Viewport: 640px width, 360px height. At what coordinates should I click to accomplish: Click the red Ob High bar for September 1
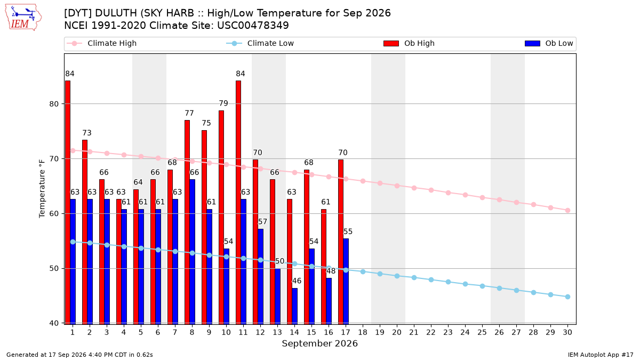coord(68,202)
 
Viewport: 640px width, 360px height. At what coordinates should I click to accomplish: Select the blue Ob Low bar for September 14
coord(294,306)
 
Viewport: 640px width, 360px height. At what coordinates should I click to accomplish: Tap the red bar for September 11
coord(238,202)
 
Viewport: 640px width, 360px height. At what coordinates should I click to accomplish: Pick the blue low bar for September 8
coord(193,251)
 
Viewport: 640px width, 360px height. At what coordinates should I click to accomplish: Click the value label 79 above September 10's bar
coord(223,103)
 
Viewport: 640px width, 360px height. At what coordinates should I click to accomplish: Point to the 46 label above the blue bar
coord(297,281)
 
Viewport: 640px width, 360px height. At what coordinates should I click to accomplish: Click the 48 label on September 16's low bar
coord(331,270)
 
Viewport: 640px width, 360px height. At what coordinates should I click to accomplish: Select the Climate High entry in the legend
coord(102,43)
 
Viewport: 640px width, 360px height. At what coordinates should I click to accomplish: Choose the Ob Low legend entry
coord(549,43)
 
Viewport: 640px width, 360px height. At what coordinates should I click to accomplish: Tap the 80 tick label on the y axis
coord(54,103)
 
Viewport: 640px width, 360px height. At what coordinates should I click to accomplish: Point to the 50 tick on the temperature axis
coord(54,269)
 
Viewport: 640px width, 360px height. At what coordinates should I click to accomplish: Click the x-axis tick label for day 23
coord(448,332)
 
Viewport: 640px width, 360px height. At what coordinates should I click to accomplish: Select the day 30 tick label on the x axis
coord(567,332)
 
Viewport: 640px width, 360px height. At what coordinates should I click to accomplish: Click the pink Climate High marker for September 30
coord(567,210)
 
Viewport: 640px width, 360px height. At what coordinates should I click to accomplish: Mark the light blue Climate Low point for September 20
coord(397,276)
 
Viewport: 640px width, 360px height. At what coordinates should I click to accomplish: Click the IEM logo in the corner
coord(23,18)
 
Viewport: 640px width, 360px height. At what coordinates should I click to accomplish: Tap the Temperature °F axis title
coord(42,189)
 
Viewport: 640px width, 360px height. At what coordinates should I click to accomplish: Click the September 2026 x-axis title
coord(319,343)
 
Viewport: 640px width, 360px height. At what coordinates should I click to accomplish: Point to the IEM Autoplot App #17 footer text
coord(601,355)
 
